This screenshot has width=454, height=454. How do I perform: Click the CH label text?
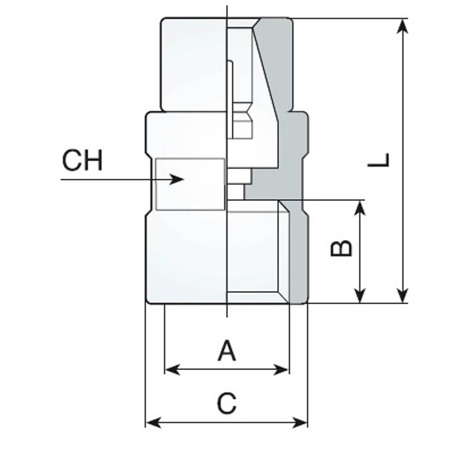pos(82,160)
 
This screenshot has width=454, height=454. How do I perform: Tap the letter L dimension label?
pos(379,160)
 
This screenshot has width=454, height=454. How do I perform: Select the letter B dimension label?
pos(342,248)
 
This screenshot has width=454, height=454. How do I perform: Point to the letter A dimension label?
pos(226,351)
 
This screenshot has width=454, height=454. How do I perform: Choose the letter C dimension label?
pos(226,403)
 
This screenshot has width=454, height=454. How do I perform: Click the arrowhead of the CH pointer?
pos(176,179)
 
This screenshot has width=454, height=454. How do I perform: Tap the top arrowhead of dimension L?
pos(402,27)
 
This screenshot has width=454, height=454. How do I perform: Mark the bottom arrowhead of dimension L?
pos(402,295)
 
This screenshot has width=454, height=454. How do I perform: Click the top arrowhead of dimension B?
pos(360,208)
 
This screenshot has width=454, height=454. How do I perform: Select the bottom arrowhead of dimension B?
pos(360,295)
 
